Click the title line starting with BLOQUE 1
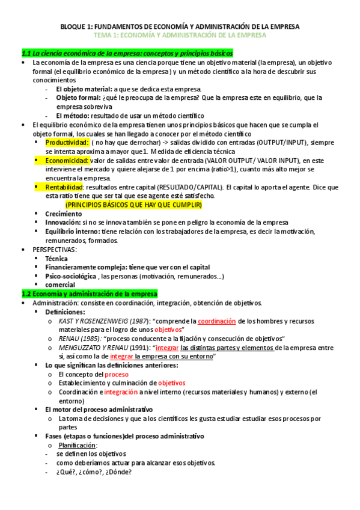point(180,27)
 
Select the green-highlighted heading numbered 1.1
point(127,54)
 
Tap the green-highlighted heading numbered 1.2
point(89,293)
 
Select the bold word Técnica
point(56,259)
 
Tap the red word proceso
point(117,374)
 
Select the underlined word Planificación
point(78,445)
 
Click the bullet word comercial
point(59,284)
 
